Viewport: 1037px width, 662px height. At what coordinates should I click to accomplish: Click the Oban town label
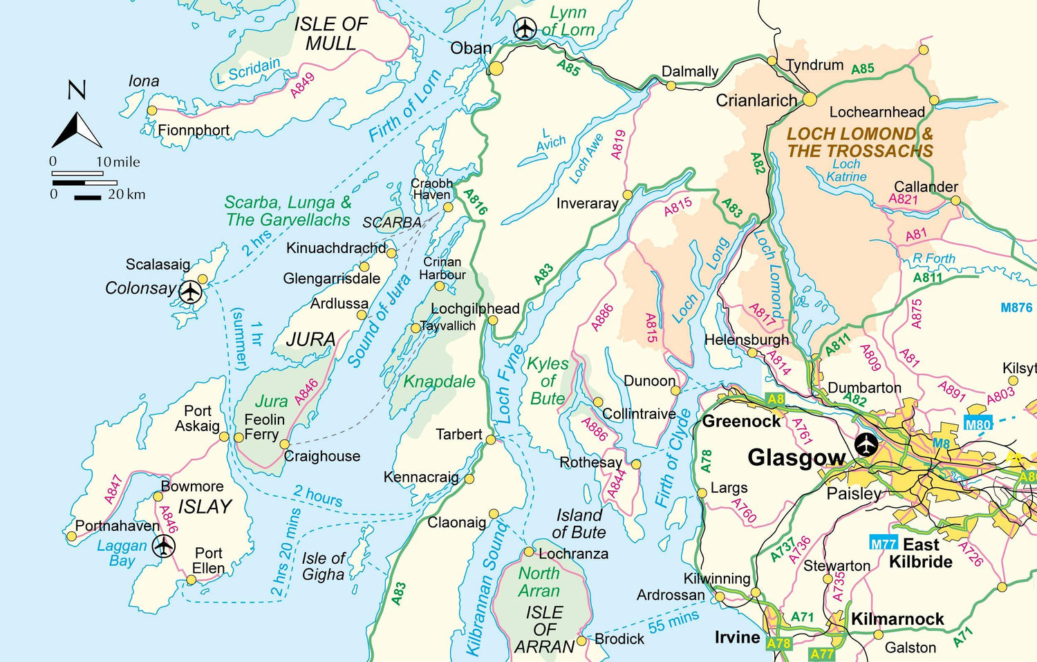tap(471, 48)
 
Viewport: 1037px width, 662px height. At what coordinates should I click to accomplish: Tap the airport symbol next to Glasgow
tap(866, 444)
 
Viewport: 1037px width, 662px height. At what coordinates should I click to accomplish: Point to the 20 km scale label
tap(127, 195)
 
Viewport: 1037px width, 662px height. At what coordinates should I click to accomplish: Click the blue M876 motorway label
tap(1016, 308)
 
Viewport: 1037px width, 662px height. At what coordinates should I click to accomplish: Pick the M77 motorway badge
tap(883, 544)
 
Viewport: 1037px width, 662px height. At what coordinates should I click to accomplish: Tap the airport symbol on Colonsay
tap(190, 292)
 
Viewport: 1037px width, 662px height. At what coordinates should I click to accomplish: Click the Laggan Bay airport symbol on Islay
tap(163, 545)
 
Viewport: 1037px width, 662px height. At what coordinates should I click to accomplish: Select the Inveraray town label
tap(587, 204)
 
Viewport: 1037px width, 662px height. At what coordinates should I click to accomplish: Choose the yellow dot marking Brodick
tap(581, 641)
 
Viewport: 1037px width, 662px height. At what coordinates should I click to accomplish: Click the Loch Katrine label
tap(846, 170)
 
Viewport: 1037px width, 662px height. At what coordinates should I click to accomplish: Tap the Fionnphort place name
tap(194, 130)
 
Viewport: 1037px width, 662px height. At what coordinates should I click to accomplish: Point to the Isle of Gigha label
tap(323, 566)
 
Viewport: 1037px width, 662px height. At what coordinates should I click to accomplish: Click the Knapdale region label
tap(439, 381)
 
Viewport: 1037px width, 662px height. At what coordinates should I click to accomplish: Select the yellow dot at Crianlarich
tap(810, 100)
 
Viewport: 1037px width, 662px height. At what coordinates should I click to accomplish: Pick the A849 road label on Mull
tap(302, 86)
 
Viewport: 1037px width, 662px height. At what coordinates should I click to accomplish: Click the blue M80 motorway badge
tap(978, 424)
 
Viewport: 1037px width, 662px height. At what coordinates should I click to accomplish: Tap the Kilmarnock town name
tap(897, 619)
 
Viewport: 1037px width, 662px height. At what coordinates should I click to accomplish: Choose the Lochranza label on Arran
tap(573, 554)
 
